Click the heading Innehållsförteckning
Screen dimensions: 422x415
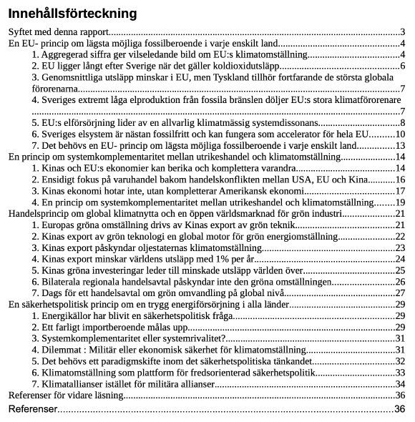(72, 14)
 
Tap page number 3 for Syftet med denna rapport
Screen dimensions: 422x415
(403, 32)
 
